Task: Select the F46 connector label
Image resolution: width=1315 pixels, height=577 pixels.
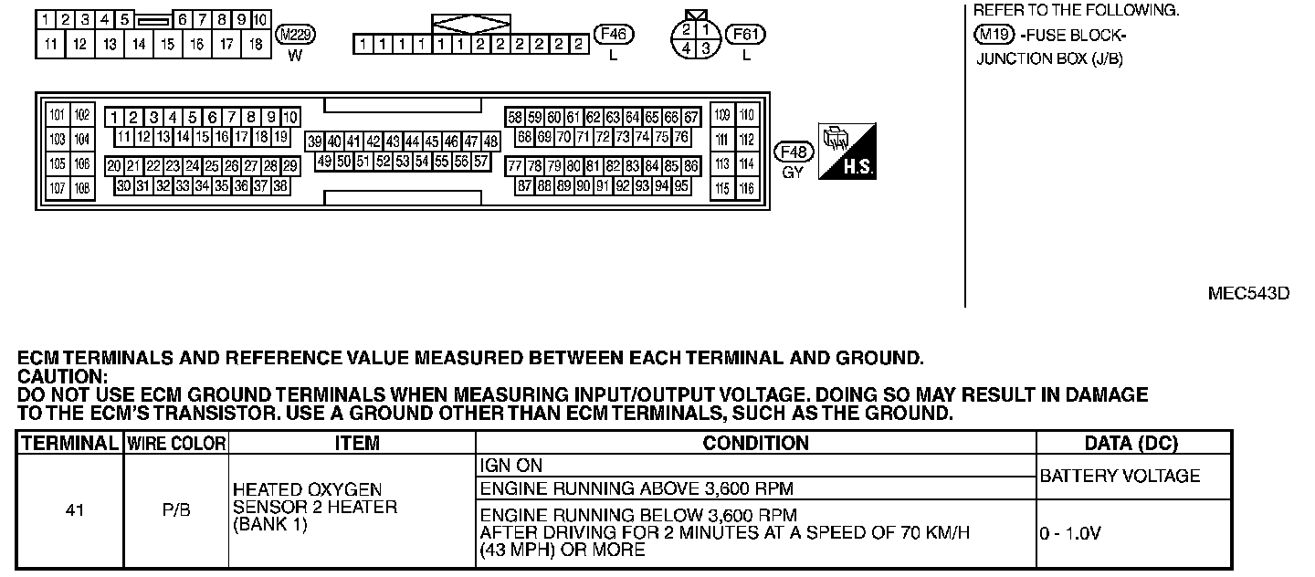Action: (x=614, y=35)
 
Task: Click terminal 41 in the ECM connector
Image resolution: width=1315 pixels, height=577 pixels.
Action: (x=353, y=142)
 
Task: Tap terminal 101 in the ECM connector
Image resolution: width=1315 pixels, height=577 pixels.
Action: (x=58, y=115)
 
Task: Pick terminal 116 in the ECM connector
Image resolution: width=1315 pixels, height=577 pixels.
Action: (x=747, y=189)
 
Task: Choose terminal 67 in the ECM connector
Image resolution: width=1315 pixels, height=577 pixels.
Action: (x=691, y=118)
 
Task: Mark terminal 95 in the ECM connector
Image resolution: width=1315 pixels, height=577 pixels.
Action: (x=681, y=186)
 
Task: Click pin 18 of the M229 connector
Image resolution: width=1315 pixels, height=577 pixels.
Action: (x=256, y=44)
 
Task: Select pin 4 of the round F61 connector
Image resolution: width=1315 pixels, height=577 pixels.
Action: (x=686, y=47)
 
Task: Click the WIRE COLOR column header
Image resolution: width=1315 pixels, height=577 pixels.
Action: (x=175, y=444)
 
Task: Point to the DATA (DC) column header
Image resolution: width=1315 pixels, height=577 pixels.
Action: (x=1131, y=444)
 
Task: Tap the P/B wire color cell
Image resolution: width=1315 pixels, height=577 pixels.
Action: (x=175, y=510)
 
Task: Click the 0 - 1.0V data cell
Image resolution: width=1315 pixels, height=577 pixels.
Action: (x=1070, y=533)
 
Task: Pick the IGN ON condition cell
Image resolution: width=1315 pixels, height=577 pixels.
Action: (x=510, y=466)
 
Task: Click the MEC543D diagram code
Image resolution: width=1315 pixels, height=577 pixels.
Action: (x=1248, y=293)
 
